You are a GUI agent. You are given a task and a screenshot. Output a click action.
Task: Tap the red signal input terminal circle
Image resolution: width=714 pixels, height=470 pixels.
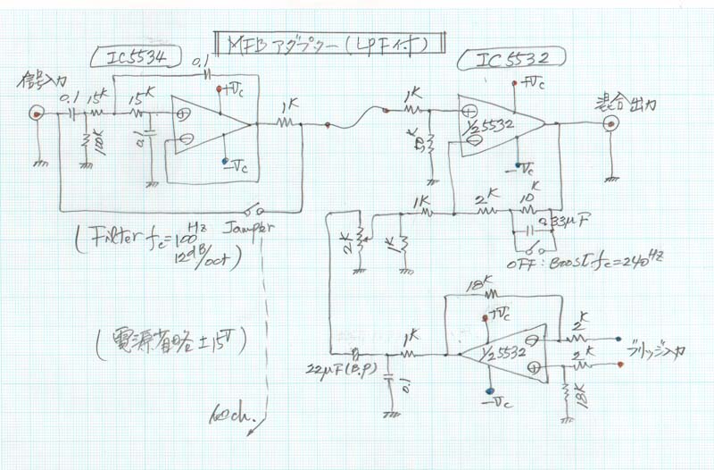pyautogui.click(x=36, y=113)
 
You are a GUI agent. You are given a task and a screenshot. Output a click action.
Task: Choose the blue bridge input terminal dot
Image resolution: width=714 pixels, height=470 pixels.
pyautogui.click(x=619, y=340)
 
